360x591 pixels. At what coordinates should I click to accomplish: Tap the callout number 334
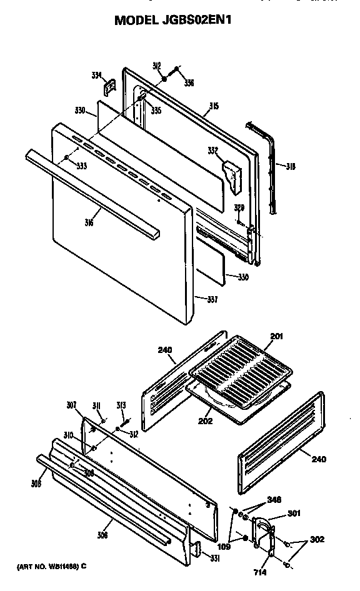(96, 76)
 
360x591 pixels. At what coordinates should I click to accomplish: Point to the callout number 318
(290, 166)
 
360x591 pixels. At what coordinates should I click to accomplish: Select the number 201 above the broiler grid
(276, 337)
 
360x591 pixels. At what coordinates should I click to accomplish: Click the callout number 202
(206, 421)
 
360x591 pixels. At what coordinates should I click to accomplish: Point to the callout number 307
(72, 404)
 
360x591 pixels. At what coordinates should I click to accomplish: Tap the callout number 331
(215, 557)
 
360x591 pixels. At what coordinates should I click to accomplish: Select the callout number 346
(274, 500)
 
